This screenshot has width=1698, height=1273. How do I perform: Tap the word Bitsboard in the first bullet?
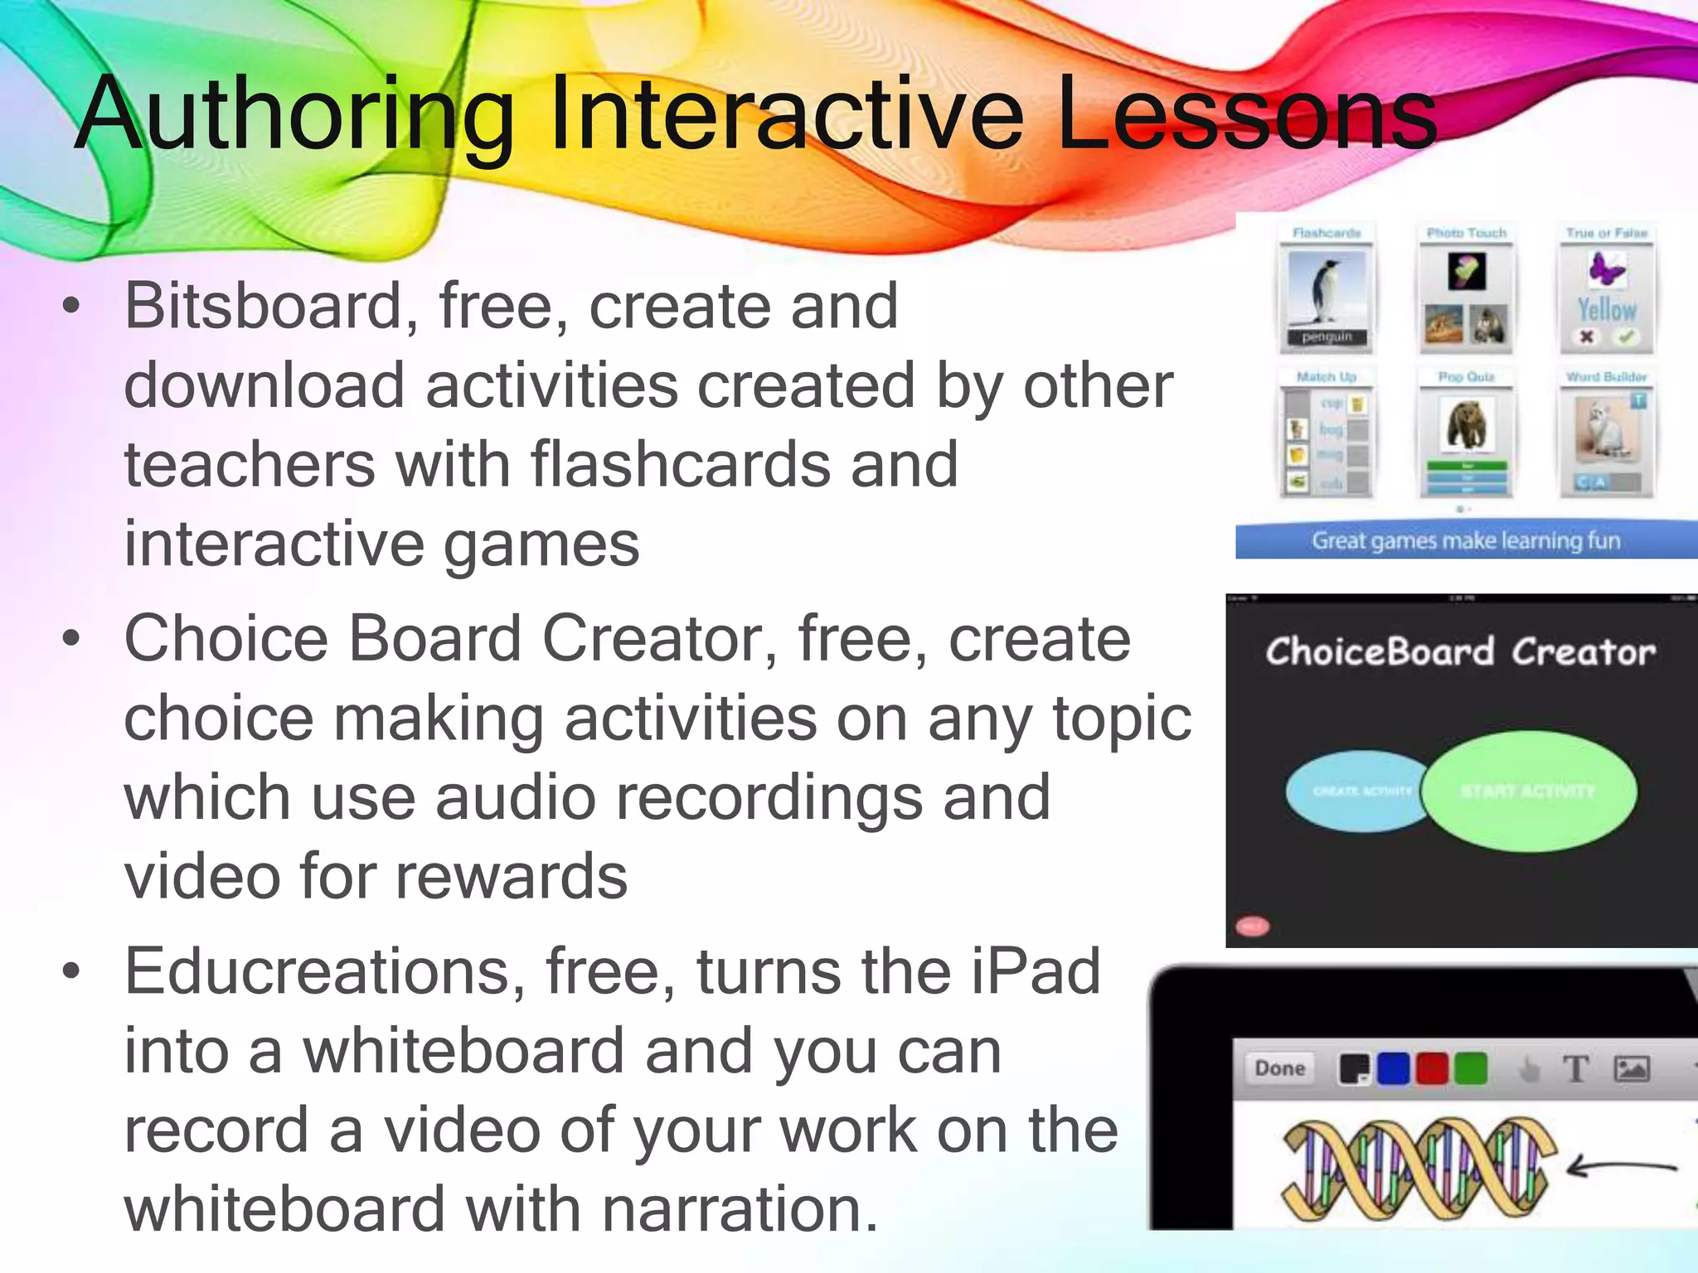[263, 307]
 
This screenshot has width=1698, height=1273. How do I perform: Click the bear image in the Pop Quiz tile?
[1466, 424]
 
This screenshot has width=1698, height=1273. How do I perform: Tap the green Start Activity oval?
[1530, 791]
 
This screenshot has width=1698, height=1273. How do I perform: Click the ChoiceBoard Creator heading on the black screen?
[1460, 652]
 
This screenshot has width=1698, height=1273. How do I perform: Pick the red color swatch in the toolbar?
[1431, 1069]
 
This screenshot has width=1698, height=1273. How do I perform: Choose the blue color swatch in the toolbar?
[1393, 1069]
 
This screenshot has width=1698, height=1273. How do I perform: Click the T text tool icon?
[1575, 1069]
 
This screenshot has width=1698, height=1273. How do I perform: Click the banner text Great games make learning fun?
[1465, 541]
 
